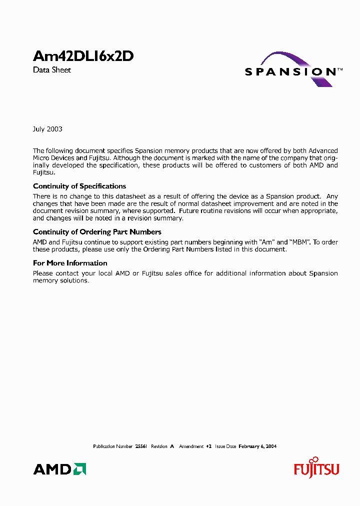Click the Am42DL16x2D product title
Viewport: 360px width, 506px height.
coord(83,56)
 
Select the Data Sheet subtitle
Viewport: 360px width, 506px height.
coord(52,70)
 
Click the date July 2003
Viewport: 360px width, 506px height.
coord(47,129)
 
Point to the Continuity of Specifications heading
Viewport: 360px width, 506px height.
coord(79,186)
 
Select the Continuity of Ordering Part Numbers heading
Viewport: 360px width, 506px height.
coord(97,232)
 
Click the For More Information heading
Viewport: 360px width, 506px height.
coord(70,263)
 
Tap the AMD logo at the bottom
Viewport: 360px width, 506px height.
coord(59,469)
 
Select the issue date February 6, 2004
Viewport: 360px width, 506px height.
coord(257,446)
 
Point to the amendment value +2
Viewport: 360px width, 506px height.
coord(209,446)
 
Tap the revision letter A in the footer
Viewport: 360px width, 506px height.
coord(171,446)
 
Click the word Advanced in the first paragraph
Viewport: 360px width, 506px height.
coord(323,150)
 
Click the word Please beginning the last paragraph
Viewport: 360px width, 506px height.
coord(43,273)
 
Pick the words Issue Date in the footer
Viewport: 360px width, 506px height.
coord(225,446)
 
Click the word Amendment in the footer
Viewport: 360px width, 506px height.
coord(191,446)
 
